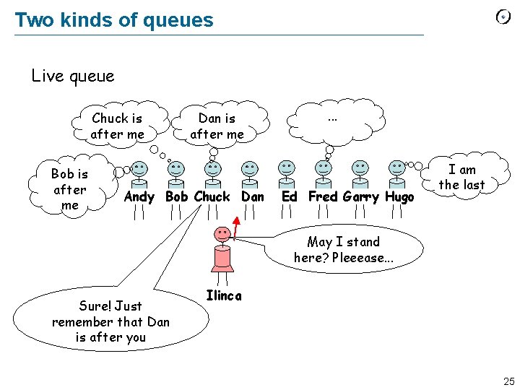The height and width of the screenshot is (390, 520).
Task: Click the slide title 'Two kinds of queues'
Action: (x=114, y=19)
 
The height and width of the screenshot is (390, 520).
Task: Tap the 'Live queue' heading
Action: (x=73, y=75)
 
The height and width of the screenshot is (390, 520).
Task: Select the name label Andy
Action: (x=139, y=196)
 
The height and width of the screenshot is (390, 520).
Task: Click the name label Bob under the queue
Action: (x=176, y=196)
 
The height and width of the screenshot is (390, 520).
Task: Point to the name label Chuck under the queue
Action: (x=212, y=196)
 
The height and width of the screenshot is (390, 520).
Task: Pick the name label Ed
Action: (x=289, y=196)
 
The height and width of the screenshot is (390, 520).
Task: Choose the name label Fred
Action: (x=324, y=196)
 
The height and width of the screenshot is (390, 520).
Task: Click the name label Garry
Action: (x=361, y=196)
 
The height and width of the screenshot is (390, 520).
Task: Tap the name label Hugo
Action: (x=399, y=196)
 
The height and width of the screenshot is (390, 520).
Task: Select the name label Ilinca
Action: (x=224, y=295)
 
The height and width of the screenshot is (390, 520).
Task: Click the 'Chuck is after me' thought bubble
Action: (x=117, y=126)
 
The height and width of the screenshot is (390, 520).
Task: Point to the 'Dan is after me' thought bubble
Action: (x=217, y=126)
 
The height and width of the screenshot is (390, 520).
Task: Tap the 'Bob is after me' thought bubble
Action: (x=70, y=189)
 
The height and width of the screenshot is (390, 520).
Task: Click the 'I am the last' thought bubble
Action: (x=462, y=177)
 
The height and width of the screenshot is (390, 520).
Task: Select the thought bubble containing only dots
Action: (x=333, y=118)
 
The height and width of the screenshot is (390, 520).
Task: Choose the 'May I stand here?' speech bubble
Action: (x=343, y=249)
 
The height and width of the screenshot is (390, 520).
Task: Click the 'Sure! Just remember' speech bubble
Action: (x=110, y=321)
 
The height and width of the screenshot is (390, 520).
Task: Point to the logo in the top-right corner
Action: (x=503, y=17)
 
